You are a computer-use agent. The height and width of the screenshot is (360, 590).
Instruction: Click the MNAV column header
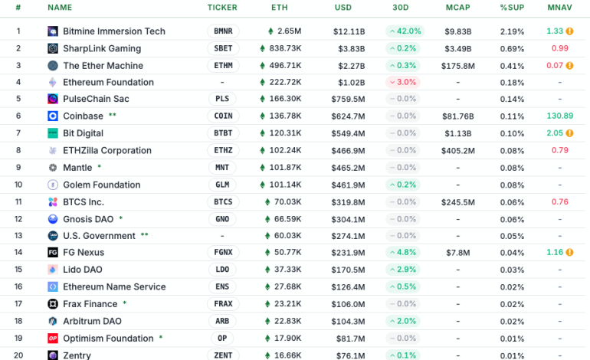pyautogui.click(x=558, y=7)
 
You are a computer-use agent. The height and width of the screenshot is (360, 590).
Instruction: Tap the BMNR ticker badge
pyautogui.click(x=223, y=31)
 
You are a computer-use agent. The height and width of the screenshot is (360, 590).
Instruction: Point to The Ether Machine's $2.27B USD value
pyautogui.click(x=349, y=65)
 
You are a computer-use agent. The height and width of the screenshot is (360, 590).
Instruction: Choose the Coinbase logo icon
pyautogui.click(x=53, y=116)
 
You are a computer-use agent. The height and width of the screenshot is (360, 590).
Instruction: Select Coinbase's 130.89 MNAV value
pyautogui.click(x=560, y=116)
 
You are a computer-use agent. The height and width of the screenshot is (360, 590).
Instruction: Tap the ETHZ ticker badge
pyautogui.click(x=223, y=150)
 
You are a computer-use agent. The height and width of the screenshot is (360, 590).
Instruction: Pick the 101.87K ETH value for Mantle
pyautogui.click(x=284, y=167)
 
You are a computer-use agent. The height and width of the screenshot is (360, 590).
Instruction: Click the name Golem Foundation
pyautogui.click(x=101, y=185)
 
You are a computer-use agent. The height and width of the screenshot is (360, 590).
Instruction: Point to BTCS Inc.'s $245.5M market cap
pyautogui.click(x=458, y=202)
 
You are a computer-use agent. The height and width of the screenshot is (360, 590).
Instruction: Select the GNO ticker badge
pyautogui.click(x=223, y=219)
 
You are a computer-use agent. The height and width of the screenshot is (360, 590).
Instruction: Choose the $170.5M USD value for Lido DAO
pyautogui.click(x=349, y=270)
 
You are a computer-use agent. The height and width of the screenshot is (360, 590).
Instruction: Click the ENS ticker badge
pyautogui.click(x=223, y=286)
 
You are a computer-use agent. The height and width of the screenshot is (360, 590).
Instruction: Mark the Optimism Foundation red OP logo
pyautogui.click(x=53, y=338)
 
